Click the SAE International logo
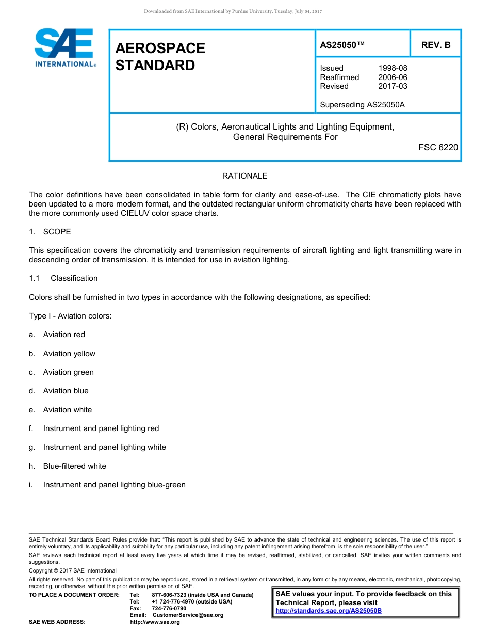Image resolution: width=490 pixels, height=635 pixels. pos(64,47)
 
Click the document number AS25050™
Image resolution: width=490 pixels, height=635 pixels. pos(342,45)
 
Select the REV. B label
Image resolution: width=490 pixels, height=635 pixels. pos(435,45)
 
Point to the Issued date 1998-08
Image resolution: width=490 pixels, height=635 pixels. pos(393,68)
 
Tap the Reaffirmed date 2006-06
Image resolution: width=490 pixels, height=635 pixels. pos(393,77)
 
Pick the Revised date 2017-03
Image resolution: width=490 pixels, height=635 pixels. pos(393,86)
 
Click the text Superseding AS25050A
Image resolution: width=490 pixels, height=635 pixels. pos(362,105)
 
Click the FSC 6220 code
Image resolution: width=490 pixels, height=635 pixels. pos(438,148)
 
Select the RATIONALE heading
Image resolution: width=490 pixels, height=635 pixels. pos(244,176)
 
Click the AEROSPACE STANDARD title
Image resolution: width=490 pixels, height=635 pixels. pos(160,57)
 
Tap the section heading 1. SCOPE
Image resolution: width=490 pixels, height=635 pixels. pos(50,232)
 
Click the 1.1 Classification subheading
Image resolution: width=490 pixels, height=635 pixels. pos(63,278)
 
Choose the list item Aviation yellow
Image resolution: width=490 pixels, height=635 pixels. pos(69,354)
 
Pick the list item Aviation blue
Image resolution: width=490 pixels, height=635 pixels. pos(66,391)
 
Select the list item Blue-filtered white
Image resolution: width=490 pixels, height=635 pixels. pos(74,466)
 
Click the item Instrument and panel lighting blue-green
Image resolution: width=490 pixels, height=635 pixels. pos(114,485)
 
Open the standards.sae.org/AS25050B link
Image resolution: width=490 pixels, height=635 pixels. pos(329,611)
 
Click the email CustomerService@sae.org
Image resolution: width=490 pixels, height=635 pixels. pos(185,615)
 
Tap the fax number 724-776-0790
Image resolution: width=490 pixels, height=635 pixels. pos(169,608)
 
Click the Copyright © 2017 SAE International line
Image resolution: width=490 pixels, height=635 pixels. pos(73,570)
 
